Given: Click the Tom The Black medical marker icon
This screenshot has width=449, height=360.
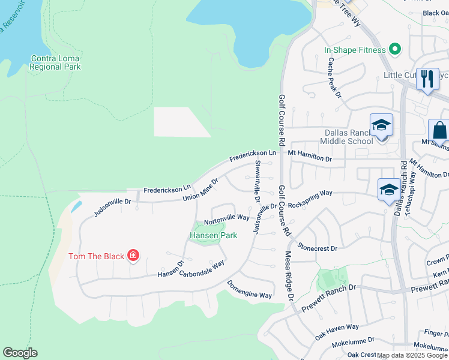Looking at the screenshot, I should (x=133, y=256).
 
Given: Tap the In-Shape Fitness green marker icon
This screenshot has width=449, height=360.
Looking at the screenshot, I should (x=394, y=49).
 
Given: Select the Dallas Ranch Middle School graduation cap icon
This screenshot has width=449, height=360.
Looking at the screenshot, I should (x=381, y=126).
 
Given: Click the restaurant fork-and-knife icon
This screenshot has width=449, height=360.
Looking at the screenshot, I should (x=427, y=79).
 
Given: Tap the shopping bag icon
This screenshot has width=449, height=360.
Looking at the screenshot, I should (x=440, y=130).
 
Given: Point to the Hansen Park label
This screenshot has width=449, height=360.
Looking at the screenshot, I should (x=213, y=235).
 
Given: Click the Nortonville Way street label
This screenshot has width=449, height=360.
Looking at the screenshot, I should (x=227, y=218).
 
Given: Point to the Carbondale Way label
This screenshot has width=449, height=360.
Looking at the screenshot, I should (x=202, y=268).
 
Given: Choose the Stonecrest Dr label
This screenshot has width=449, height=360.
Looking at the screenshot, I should (x=317, y=247).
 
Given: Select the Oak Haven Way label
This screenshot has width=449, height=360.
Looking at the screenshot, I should (x=337, y=332).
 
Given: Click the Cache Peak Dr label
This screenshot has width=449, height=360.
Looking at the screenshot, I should (x=334, y=77).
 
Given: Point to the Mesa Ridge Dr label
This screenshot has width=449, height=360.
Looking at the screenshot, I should (x=288, y=276).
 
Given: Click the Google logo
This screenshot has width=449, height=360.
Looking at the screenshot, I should (x=20, y=353).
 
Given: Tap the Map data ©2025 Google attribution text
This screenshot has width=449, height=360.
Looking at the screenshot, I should (x=412, y=355).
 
